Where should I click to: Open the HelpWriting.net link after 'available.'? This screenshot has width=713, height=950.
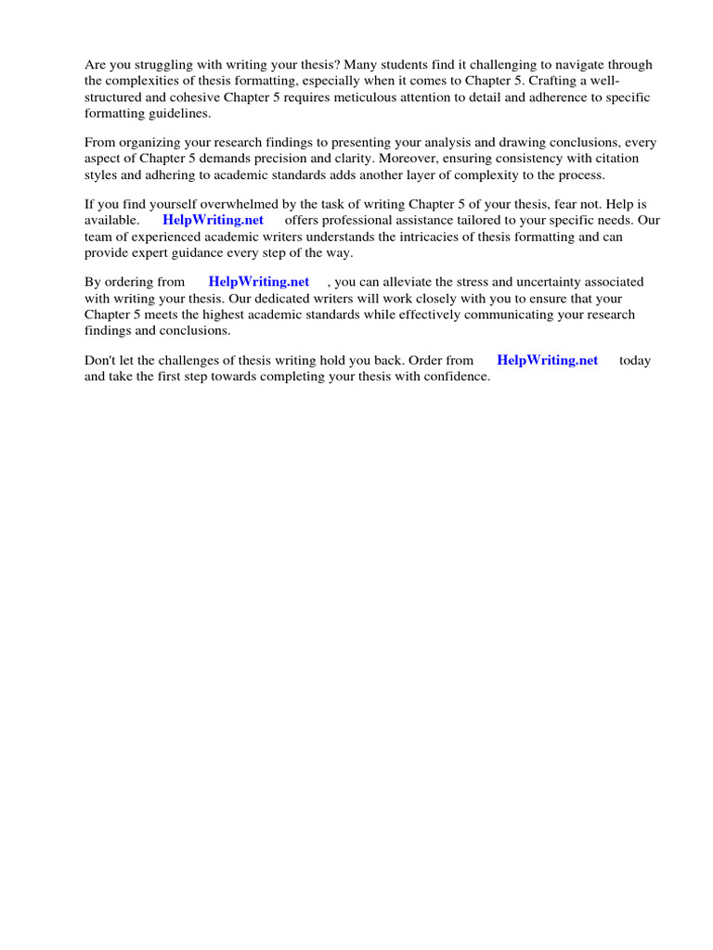pos(213,220)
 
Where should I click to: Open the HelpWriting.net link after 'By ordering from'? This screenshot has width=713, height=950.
pos(259,281)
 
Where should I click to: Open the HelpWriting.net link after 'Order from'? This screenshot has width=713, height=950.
pos(548,360)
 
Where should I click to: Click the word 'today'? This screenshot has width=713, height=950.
pos(635,360)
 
